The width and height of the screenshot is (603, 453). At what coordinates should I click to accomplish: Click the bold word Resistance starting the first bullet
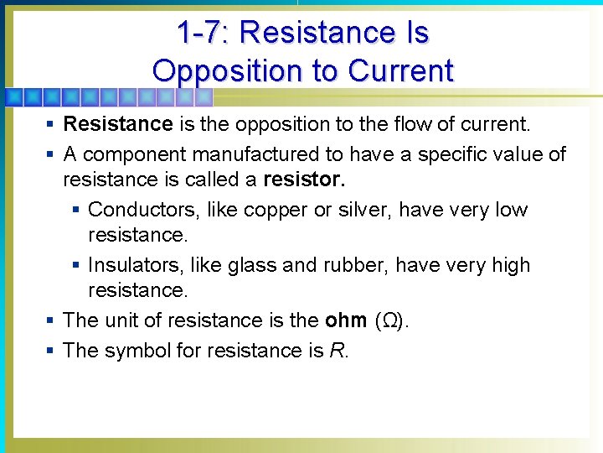click(118, 125)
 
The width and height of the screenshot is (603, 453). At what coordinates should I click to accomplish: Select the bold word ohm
click(345, 320)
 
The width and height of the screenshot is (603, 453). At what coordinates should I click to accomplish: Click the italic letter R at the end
click(337, 350)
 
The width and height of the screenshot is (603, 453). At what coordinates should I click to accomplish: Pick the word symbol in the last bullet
click(134, 350)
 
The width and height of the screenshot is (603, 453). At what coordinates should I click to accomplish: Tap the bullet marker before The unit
click(51, 321)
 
